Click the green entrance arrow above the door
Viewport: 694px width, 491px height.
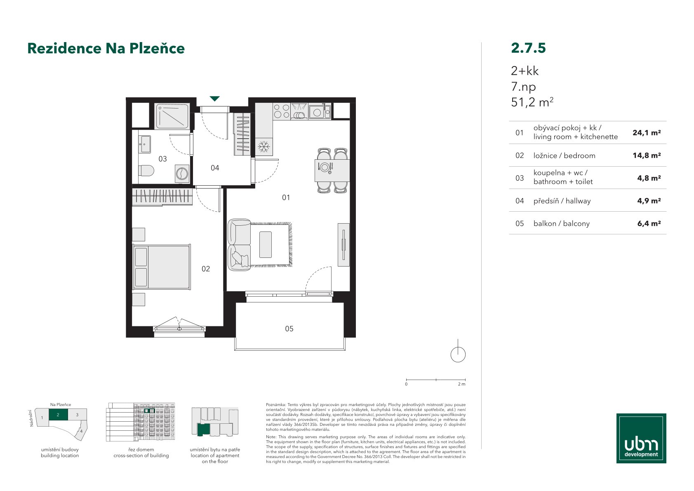click(214, 99)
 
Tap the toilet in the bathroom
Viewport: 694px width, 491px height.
click(146, 170)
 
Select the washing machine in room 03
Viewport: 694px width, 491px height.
click(182, 174)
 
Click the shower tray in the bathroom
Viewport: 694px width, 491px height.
click(172, 116)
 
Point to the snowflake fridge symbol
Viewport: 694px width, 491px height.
click(263, 146)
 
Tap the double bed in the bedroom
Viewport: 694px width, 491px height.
click(161, 267)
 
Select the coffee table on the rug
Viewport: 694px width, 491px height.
click(266, 245)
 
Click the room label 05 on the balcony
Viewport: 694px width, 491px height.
click(289, 328)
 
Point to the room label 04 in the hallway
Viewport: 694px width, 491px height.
click(215, 168)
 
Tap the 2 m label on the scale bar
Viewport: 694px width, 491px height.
click(461, 384)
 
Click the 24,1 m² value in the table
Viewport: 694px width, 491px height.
click(647, 133)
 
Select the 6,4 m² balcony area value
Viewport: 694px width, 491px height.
click(649, 224)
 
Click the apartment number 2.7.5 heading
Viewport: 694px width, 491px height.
click(528, 48)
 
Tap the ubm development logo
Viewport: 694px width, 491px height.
click(641, 438)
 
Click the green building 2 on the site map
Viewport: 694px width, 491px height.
click(58, 415)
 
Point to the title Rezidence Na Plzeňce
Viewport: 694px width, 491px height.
click(106, 48)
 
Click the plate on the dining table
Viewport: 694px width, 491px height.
click(325, 168)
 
